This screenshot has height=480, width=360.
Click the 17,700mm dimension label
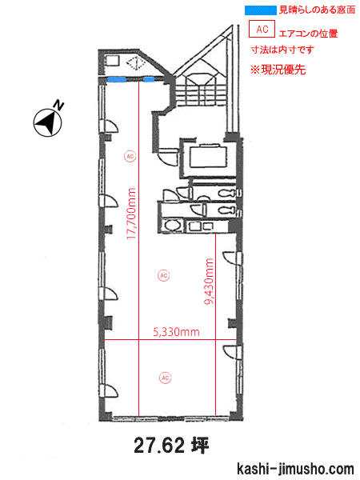[x=130, y=214]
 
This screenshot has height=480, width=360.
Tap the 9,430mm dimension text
[x=209, y=282]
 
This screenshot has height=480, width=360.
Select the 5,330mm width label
[x=176, y=332]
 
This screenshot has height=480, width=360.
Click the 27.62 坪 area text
[x=171, y=446]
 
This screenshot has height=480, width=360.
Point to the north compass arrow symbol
[x=47, y=122]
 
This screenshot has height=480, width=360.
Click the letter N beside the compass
[x=58, y=105]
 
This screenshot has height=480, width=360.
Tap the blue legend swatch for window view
[x=261, y=10]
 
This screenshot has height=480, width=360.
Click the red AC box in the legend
[x=262, y=29]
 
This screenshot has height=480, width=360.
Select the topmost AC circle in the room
[x=130, y=157]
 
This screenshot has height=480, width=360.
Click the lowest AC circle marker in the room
[x=165, y=378]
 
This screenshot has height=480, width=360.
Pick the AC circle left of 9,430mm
[x=164, y=275]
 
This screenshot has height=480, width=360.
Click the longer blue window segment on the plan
[x=116, y=79]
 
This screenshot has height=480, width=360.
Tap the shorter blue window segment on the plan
[x=149, y=79]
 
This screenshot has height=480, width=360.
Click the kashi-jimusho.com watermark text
[x=295, y=469]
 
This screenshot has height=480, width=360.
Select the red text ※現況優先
[x=278, y=70]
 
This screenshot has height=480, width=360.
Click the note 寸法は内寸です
[x=282, y=50]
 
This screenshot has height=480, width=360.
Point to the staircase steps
[x=201, y=95]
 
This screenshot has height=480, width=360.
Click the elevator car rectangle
[x=208, y=156]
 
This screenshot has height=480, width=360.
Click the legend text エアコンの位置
[x=308, y=33]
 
